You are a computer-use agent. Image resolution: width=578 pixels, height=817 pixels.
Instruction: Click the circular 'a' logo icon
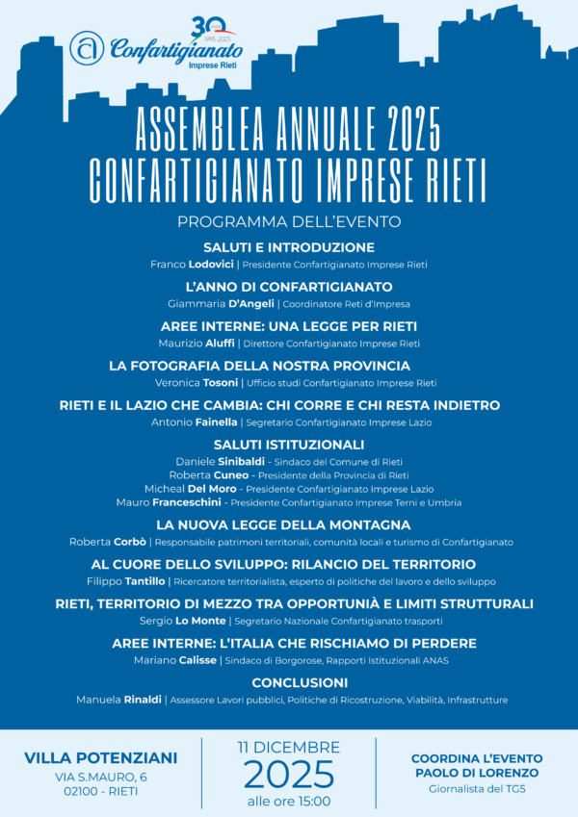coord(87,48)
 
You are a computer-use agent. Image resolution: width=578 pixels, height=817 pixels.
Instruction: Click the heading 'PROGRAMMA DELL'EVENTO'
coord(289,222)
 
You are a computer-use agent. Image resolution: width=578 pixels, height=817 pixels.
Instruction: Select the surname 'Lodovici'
coord(213,264)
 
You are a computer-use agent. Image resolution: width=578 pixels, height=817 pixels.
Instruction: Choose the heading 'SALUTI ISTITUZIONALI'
coord(289,445)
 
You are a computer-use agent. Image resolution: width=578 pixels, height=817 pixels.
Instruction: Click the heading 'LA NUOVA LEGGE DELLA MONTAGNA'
coord(289,524)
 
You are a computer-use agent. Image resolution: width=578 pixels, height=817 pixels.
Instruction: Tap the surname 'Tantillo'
coord(144,581)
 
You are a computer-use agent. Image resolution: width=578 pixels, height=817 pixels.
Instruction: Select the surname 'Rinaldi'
coord(142,700)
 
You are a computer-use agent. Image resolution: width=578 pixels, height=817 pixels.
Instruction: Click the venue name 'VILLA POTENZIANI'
coord(100,757)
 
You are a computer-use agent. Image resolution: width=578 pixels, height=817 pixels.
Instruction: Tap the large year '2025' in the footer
coord(288,773)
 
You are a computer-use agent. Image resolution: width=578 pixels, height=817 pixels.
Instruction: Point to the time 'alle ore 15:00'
coord(288,800)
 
